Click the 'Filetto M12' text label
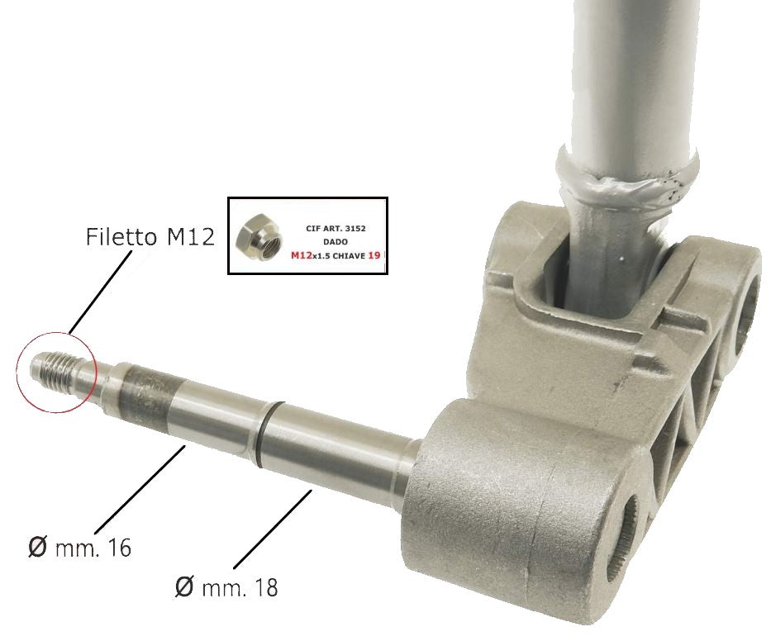150,237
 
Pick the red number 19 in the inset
374,257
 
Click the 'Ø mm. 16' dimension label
80,547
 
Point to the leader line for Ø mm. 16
140,487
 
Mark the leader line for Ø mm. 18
273,529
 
